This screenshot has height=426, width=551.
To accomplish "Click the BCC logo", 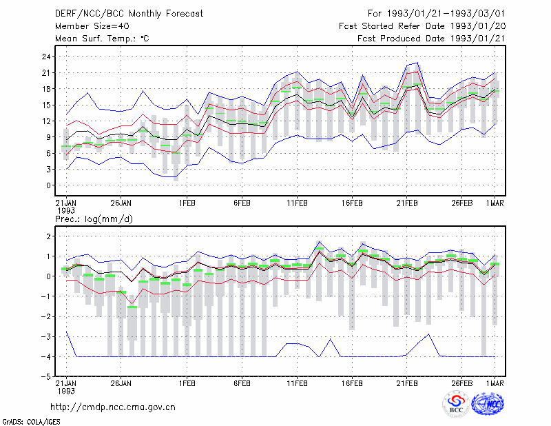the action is [456, 404].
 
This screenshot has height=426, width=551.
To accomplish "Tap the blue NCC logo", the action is [488, 404].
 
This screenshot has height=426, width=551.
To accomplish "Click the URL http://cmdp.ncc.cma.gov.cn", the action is [113, 407].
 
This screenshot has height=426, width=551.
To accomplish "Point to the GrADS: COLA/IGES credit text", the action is [32, 422].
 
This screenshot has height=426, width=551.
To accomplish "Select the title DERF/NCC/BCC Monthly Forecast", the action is [129, 14].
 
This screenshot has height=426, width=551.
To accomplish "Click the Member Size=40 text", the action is [92, 26].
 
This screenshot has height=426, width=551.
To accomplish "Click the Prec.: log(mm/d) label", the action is [94, 219].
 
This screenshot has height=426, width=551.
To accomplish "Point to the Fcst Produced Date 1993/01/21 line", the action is [432, 39].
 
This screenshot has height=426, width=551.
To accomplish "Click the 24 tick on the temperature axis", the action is [46, 57].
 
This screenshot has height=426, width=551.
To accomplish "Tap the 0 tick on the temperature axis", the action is [49, 185].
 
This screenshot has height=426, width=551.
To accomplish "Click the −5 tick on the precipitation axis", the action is [45, 377].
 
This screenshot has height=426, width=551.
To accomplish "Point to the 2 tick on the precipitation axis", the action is [49, 236].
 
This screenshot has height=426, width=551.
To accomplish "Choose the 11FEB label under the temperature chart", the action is [298, 203].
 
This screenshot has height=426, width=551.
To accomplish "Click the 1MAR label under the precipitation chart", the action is [495, 383].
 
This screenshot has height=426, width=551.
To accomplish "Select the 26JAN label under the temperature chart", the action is [121, 203].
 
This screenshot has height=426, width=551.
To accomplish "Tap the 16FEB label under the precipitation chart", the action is [352, 383].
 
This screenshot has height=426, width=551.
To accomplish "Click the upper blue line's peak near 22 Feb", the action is [417, 63].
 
